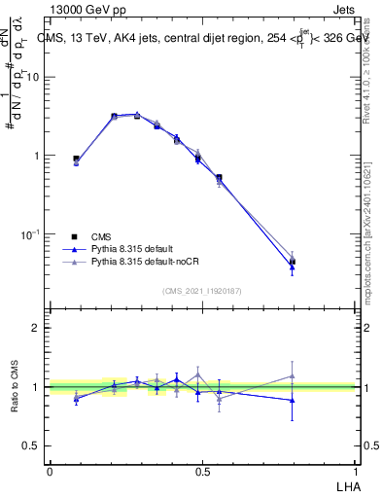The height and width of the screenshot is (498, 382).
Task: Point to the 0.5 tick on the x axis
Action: click(x=202, y=471)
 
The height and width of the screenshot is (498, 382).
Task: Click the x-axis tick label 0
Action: click(x=50, y=471)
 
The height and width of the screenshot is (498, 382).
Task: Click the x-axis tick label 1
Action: click(x=355, y=471)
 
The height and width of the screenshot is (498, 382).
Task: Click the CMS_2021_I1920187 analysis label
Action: click(x=201, y=290)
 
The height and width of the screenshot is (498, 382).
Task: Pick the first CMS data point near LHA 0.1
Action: click(x=76, y=159)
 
